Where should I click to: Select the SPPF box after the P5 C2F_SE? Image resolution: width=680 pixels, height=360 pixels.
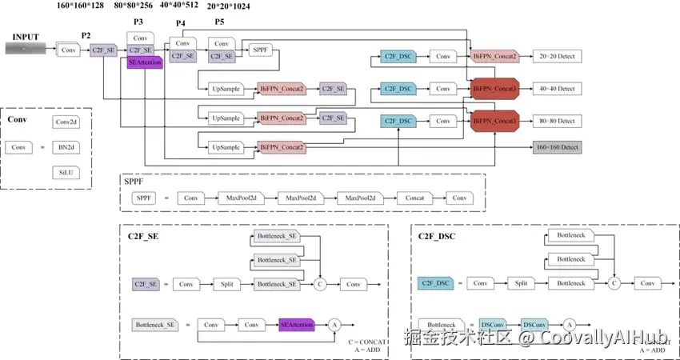pyautogui.click(x=262, y=50)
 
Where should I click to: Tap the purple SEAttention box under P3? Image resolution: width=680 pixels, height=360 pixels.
pyautogui.click(x=145, y=63)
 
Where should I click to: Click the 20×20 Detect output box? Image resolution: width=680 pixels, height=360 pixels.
pyautogui.click(x=557, y=57)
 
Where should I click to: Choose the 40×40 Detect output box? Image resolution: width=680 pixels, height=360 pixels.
pyautogui.click(x=557, y=88)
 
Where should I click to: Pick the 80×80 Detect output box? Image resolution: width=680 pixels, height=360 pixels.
pyautogui.click(x=557, y=121)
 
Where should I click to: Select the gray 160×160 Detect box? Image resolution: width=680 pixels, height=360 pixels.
pyautogui.click(x=557, y=147)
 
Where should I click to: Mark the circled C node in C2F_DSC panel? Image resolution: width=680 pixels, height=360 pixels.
pyautogui.click(x=614, y=283)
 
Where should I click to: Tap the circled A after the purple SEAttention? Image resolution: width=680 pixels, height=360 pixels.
pyautogui.click(x=335, y=325)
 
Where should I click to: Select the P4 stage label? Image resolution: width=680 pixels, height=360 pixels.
pyautogui.click(x=181, y=23)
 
